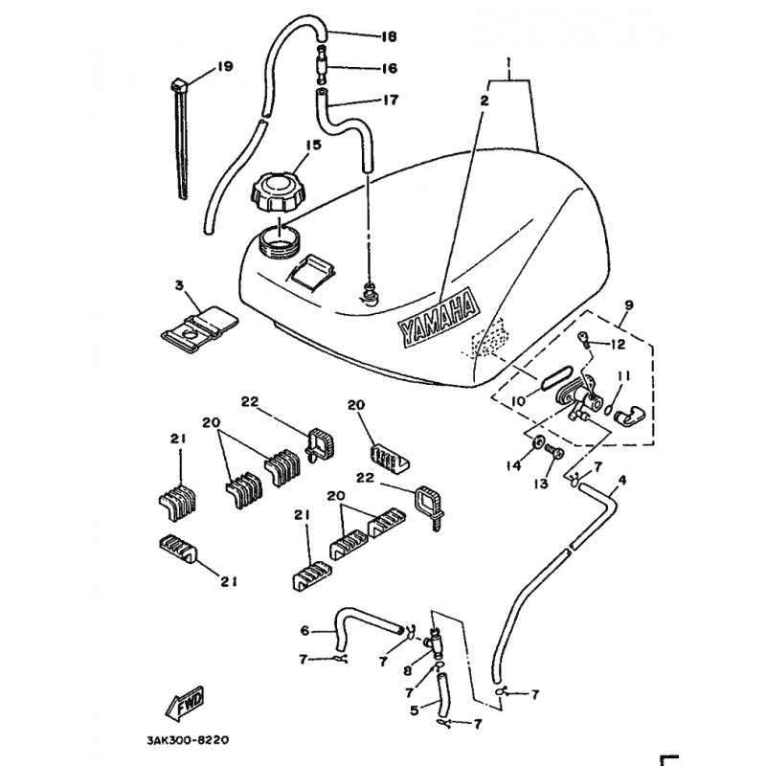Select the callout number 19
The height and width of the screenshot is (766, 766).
click(225, 66)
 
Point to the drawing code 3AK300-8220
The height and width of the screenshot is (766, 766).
click(189, 740)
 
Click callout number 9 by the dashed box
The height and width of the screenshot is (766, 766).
click(628, 305)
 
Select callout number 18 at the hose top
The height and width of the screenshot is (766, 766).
click(389, 38)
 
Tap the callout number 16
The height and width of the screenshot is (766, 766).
click(389, 68)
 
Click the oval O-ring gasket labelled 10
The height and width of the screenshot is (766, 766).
click(556, 376)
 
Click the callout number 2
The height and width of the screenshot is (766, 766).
click(485, 100)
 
